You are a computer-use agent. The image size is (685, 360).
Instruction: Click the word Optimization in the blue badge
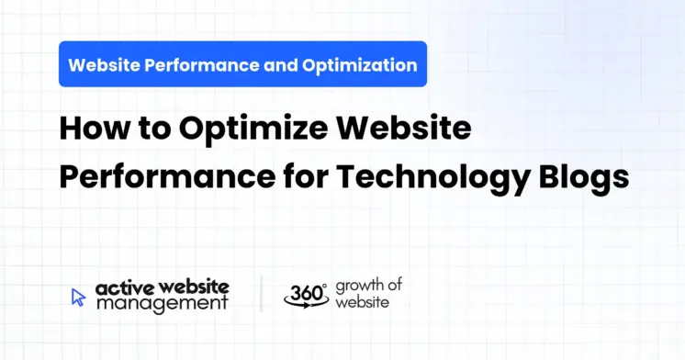click(x=367, y=65)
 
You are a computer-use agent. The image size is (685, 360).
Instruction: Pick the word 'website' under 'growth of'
click(x=362, y=301)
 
